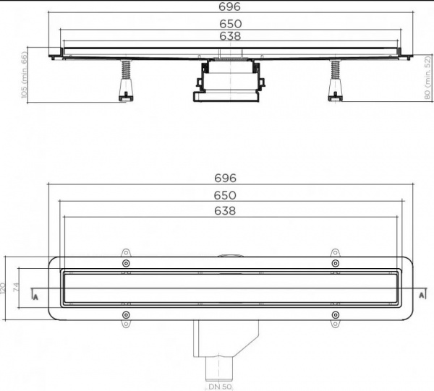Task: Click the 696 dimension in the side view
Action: (x=229, y=7)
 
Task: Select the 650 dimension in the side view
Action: (x=230, y=24)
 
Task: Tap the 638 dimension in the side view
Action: (x=230, y=36)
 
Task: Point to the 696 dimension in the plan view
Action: (x=225, y=178)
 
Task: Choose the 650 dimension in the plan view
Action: (x=225, y=195)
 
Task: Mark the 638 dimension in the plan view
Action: (x=225, y=211)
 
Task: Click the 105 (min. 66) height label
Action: (x=25, y=75)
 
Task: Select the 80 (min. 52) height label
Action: (x=427, y=77)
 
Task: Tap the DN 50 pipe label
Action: (x=220, y=386)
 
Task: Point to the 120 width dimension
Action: (x=2, y=288)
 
